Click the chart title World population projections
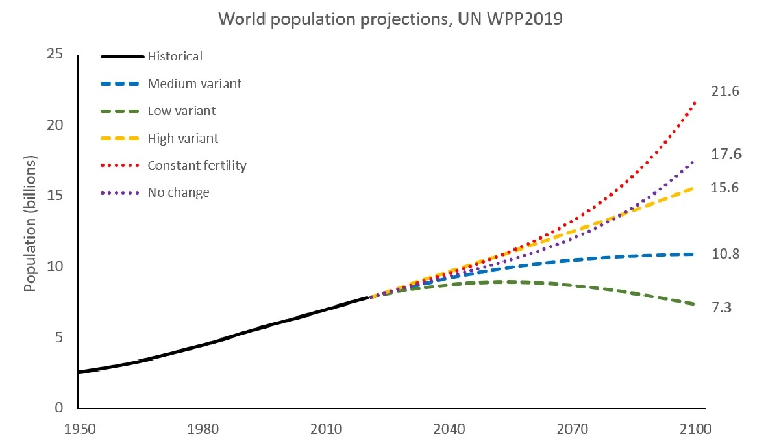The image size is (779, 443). point(390,19)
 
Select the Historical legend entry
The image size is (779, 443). point(175,56)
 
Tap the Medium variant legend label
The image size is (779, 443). point(195,84)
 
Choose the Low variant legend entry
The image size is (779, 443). point(182,111)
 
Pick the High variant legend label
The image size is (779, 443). point(183,138)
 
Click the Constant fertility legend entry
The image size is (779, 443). point(197,166)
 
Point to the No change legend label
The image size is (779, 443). point(179,193)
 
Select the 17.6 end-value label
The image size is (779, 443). point(726,154)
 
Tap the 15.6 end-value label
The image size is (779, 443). point(726,187)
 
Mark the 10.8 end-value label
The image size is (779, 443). point(726,253)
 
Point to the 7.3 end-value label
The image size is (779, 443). point(722,308)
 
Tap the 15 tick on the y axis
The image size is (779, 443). point(56,196)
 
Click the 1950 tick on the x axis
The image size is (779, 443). point(78,430)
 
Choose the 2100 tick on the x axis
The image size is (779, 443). point(695,430)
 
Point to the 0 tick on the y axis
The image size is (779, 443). point(60,409)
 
